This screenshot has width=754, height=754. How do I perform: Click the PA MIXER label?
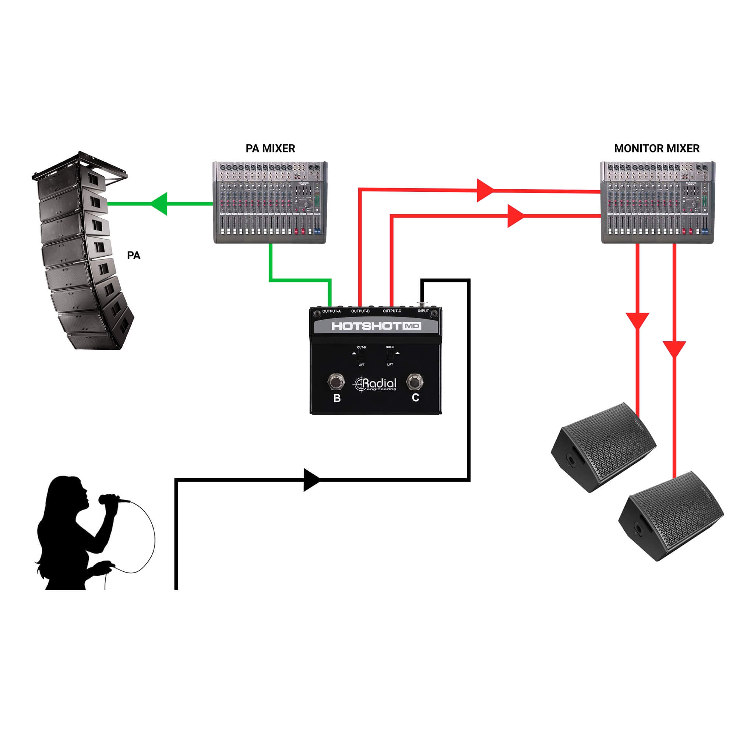tap(270, 148)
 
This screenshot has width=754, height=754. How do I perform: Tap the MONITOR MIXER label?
tap(656, 148)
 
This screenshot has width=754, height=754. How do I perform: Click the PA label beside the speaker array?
tap(134, 255)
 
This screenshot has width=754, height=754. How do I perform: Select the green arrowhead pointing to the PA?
tap(160, 203)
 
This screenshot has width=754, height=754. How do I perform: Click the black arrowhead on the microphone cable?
tap(311, 480)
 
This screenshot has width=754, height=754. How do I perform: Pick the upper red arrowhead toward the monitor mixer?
tap(485, 190)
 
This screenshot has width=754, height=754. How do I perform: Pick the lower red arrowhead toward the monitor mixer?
tap(515, 215)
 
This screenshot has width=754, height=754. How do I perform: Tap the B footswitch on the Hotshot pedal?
tap(336, 382)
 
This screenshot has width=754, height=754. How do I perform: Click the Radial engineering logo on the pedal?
tap(375, 384)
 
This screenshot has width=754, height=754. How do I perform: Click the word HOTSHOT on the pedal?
tap(366, 326)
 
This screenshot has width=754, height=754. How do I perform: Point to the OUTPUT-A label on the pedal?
tap(331, 311)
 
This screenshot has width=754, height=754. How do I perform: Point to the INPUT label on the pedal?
tap(423, 311)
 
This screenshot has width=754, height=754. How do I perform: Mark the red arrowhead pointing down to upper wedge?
tap(637, 320)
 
